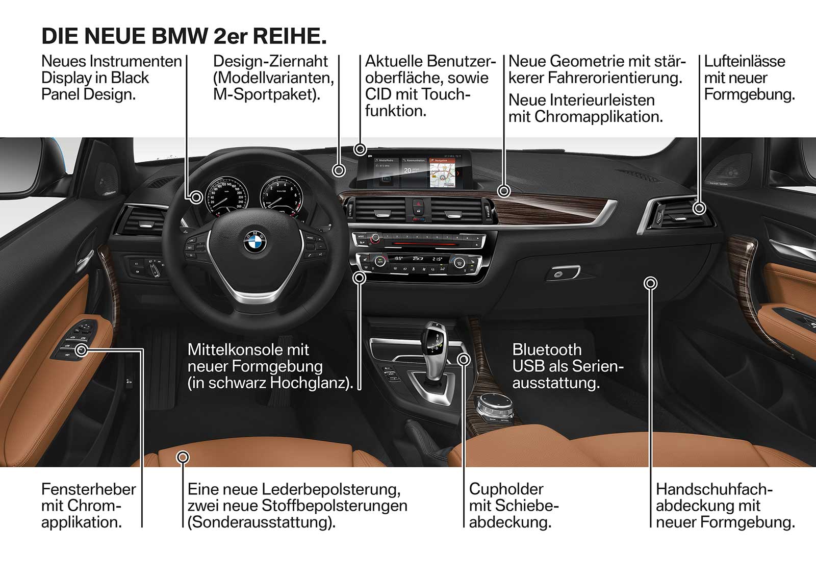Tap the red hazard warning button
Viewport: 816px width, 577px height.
coord(418,202)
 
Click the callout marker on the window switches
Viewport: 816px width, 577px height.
coord(82,350)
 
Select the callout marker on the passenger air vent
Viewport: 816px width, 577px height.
coord(699,208)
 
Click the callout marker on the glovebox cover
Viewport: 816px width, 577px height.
coord(650,283)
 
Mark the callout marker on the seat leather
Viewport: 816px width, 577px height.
coord(183,457)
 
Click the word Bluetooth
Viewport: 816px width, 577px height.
coord(547,349)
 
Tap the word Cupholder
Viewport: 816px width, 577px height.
coord(506,489)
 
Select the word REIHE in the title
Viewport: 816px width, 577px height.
coord(289,36)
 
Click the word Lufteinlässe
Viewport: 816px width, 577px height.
coord(744,61)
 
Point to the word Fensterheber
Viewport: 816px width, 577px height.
coord(88,489)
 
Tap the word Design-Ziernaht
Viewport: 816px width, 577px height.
coord(270,61)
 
